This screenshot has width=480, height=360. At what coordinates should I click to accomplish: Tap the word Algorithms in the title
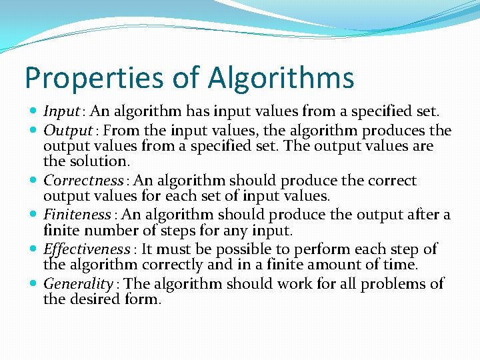[x=281, y=78]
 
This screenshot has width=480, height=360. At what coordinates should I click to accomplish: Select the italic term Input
[x=61, y=111]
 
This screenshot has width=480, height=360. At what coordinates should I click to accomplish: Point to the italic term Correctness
[x=83, y=181]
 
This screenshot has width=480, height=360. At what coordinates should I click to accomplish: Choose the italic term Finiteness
[x=77, y=215]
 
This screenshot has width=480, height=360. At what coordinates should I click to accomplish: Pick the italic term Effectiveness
[x=87, y=249]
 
